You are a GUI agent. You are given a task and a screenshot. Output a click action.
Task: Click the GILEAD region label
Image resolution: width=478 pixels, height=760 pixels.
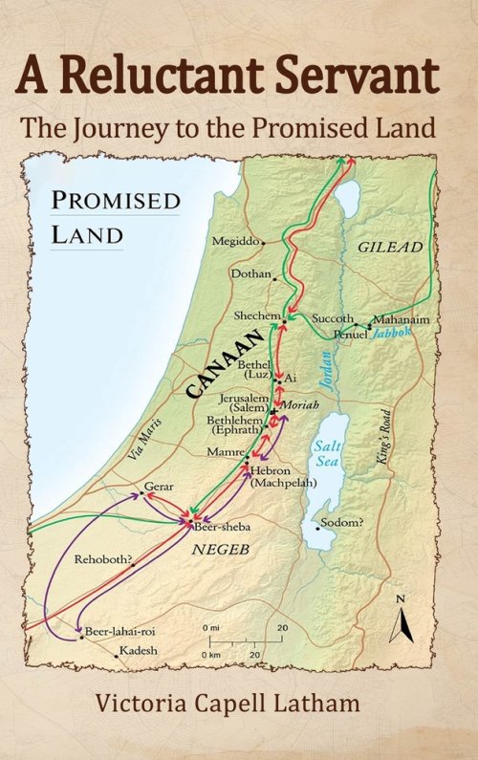pos(389,247)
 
